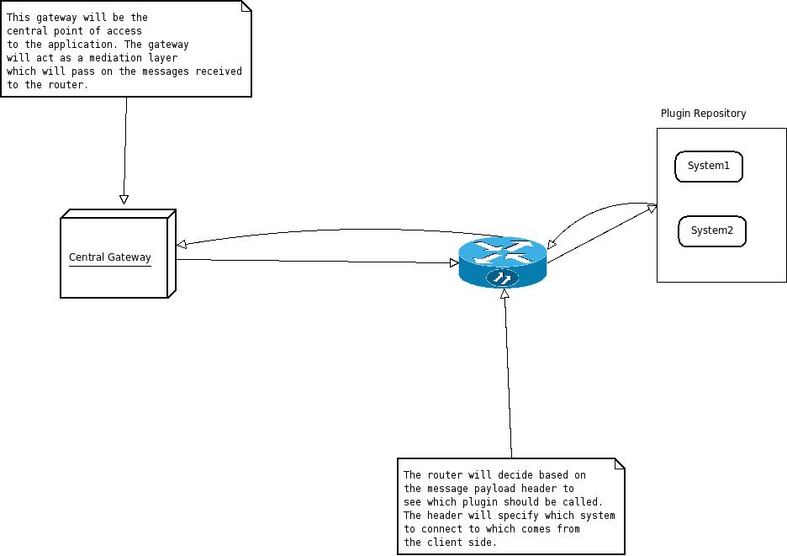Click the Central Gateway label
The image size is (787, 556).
(x=109, y=257)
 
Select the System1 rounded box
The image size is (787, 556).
(x=709, y=167)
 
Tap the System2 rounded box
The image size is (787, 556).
(x=712, y=231)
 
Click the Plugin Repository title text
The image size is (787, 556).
(x=703, y=114)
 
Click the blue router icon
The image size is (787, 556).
(x=503, y=262)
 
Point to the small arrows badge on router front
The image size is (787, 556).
(x=503, y=277)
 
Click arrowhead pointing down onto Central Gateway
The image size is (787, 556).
(x=124, y=199)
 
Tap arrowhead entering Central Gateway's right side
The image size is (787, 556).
(x=182, y=245)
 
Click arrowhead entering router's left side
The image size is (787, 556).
(x=454, y=263)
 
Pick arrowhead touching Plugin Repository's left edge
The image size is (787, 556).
(x=652, y=207)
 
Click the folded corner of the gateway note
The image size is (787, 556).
(x=246, y=6)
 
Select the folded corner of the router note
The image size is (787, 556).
(x=619, y=463)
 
